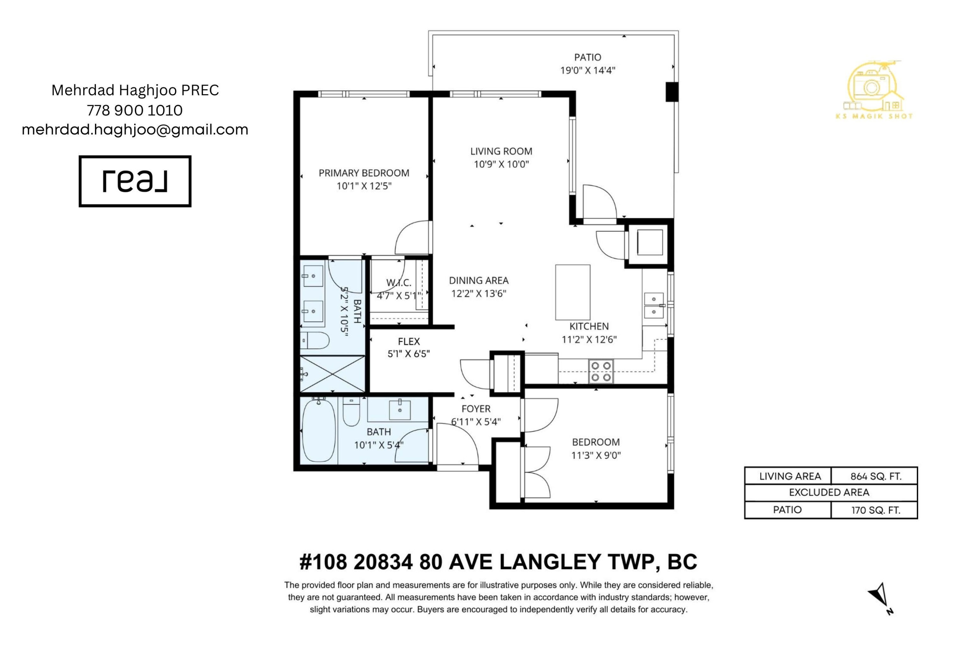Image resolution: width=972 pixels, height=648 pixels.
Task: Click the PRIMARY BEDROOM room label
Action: [364, 173]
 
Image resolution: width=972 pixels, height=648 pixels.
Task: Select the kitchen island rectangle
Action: [573, 292]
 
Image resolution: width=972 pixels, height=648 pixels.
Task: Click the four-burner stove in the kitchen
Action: [601, 371]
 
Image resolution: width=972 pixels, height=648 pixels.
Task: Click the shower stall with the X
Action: [332, 374]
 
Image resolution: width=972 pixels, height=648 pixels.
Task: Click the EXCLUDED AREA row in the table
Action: [831, 492]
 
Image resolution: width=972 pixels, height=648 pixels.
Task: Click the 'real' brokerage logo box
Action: [135, 181]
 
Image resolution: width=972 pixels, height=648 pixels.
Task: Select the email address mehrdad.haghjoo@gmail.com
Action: [135, 130]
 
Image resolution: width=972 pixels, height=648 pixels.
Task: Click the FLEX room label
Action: [409, 341]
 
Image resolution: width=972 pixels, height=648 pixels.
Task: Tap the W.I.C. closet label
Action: [399, 283]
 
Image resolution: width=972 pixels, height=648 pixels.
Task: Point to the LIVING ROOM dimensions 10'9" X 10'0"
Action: [501, 164]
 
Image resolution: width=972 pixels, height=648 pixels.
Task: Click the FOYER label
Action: [476, 409]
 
